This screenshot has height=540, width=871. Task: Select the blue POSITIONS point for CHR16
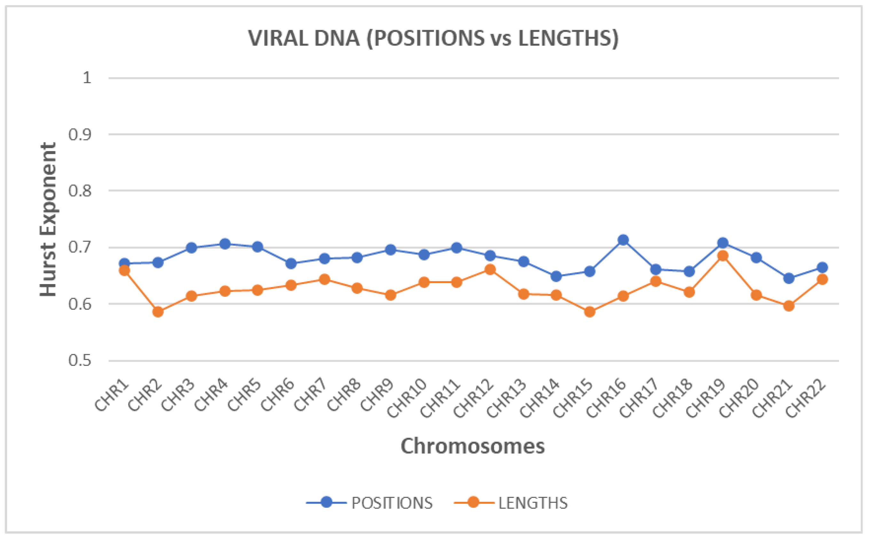point(623,240)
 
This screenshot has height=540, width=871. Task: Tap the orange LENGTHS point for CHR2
point(158,312)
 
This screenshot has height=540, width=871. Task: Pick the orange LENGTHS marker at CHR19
point(723,256)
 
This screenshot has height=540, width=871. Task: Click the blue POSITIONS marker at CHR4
point(224,244)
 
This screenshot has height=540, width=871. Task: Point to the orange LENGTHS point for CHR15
point(590,312)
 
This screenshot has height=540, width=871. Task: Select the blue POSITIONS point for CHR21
point(789,278)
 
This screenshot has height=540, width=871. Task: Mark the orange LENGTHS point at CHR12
point(490,270)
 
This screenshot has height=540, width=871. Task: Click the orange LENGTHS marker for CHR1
point(125,271)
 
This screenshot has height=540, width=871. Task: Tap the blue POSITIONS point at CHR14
point(556,276)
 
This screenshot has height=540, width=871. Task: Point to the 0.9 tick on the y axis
point(80,135)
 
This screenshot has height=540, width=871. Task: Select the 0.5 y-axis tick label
point(80,360)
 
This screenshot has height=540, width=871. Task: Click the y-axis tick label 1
point(87,78)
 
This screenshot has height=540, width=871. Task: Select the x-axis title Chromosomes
point(473,446)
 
